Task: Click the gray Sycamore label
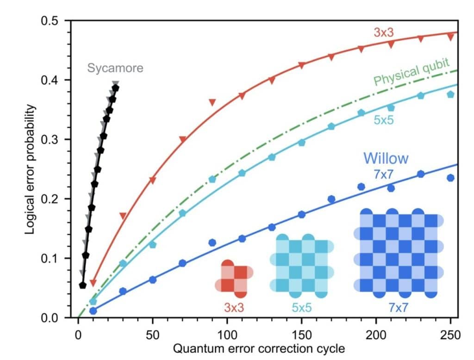pyautogui.click(x=115, y=68)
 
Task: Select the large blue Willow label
pyautogui.click(x=386, y=158)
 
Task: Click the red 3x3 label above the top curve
pyautogui.click(x=384, y=32)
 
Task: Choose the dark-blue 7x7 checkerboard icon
pyautogui.click(x=399, y=253)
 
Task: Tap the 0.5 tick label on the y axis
pyautogui.click(x=54, y=21)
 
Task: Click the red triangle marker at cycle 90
pyautogui.click(x=212, y=102)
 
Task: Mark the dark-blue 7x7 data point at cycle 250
pyautogui.click(x=450, y=178)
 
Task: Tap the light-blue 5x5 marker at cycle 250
pyautogui.click(x=450, y=95)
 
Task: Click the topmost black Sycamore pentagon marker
pyautogui.click(x=115, y=88)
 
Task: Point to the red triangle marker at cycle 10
pyautogui.click(x=93, y=283)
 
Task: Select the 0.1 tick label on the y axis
pyautogui.click(x=54, y=258)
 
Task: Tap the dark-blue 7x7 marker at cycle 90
pyautogui.click(x=212, y=242)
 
